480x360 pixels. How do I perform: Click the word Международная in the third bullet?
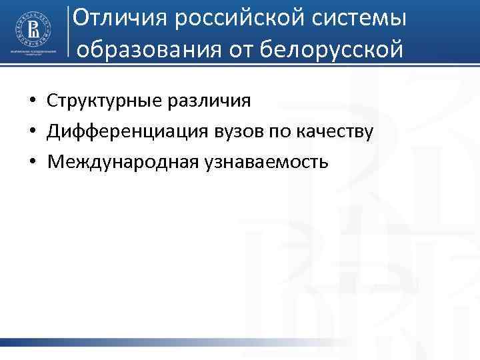point(116,161)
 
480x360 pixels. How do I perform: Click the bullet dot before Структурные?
point(32,101)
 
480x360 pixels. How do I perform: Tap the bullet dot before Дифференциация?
point(32,131)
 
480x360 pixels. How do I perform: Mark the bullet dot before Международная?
point(32,161)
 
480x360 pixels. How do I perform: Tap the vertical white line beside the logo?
point(69,32)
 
